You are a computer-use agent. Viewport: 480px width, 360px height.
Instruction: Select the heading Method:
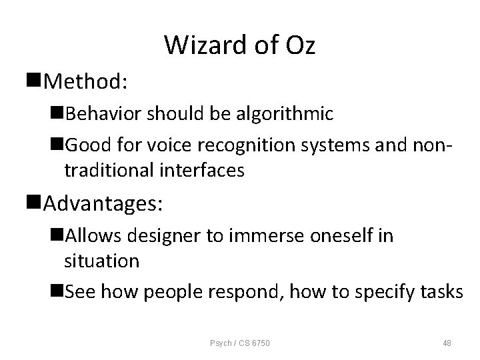(86, 82)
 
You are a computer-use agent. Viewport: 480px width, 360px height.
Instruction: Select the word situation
(101, 261)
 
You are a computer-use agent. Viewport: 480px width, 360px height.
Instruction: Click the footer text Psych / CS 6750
(240, 343)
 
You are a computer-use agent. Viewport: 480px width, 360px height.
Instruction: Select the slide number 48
(446, 343)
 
